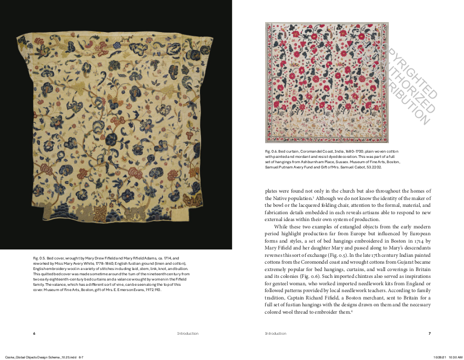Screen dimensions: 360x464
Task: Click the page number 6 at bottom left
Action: (34, 333)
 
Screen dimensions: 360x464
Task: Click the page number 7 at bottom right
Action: (430, 333)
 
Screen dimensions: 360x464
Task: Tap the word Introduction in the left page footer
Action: (188, 333)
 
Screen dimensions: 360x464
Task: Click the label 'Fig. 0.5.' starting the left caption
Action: (39, 258)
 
